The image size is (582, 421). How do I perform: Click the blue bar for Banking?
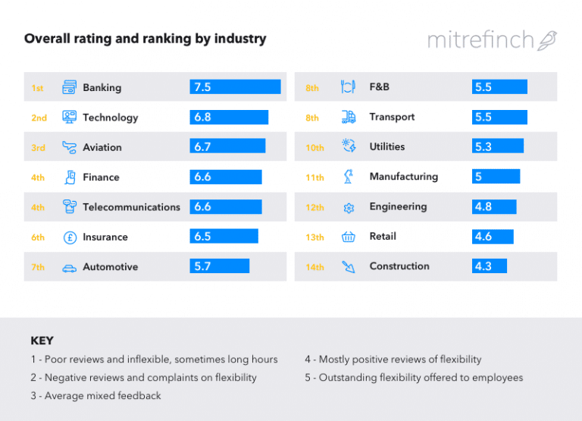click(235, 87)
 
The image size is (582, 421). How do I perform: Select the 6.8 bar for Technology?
click(229, 118)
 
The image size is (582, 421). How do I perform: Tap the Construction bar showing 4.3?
click(490, 266)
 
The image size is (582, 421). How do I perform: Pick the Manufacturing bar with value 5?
click(496, 177)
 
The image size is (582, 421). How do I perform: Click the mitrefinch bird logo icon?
click(547, 40)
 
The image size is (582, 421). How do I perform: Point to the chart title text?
click(145, 38)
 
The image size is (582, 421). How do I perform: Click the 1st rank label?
click(37, 88)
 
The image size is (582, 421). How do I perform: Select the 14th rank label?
click(314, 267)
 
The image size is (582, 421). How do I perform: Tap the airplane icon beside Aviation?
click(70, 147)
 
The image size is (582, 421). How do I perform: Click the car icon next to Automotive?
click(70, 268)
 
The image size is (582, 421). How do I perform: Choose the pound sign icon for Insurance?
click(70, 237)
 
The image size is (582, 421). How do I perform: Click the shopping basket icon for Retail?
click(349, 237)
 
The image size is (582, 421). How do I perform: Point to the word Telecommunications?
click(131, 207)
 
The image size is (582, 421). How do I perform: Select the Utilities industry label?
click(386, 146)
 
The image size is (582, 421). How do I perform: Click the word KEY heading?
click(42, 341)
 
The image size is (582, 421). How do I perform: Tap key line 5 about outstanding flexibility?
click(414, 378)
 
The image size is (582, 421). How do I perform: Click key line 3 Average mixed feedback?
click(95, 396)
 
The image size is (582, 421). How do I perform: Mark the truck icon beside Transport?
click(349, 117)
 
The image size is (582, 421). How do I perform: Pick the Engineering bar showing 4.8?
click(494, 206)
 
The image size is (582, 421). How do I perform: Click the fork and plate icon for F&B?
click(349, 87)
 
